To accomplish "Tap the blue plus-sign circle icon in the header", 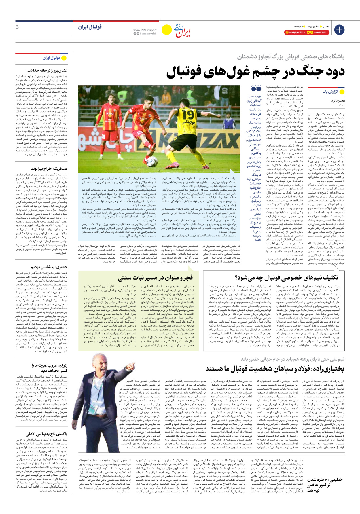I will [339, 30].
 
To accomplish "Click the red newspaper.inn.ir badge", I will [295, 33].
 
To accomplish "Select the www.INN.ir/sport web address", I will [145, 30].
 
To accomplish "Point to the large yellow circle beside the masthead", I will [166, 30].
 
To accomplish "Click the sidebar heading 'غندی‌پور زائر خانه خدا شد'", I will [48, 70].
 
